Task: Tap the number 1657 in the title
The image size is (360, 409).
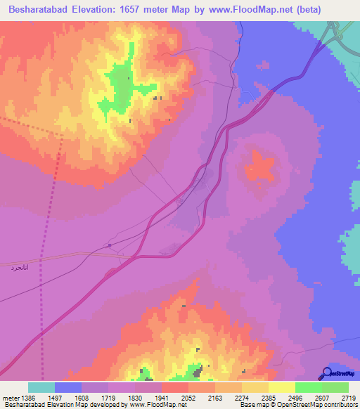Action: pyautogui.click(x=134, y=10)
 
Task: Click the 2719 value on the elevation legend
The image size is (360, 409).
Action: pyautogui.click(x=348, y=397)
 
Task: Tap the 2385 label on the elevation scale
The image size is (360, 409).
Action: pyautogui.click(x=269, y=397)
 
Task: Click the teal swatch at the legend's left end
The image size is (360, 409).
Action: pyautogui.click(x=41, y=387)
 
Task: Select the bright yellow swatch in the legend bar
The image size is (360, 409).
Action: pyautogui.click(x=281, y=387)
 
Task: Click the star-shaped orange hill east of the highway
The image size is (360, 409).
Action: pyautogui.click(x=259, y=169)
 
